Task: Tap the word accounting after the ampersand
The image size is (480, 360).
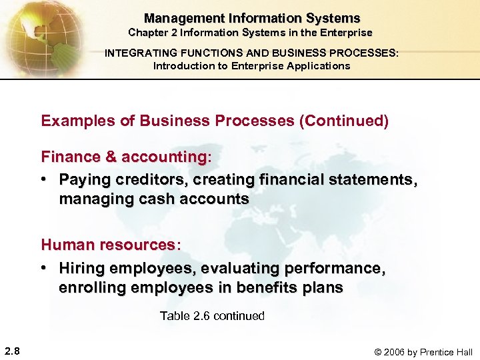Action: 164,157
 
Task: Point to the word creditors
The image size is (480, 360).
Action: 148,179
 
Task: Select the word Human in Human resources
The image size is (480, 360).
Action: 65,245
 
